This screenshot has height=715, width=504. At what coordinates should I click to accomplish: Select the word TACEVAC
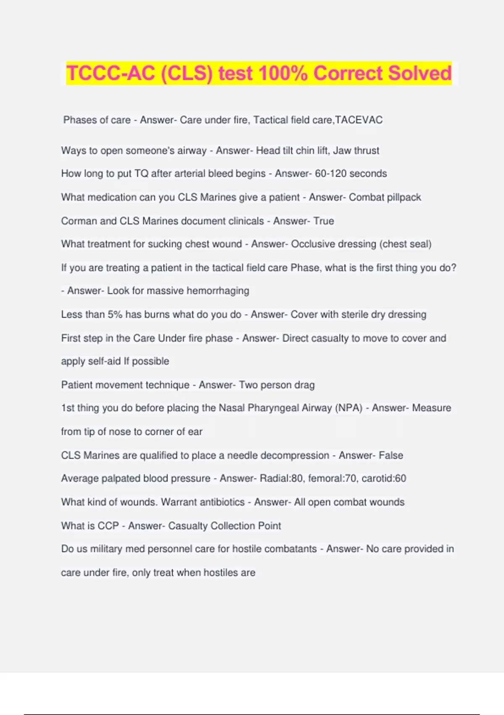coord(359,120)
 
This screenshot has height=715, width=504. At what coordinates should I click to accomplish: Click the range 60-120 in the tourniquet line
coord(331,173)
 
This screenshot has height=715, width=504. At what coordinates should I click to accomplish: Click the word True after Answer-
coord(323,221)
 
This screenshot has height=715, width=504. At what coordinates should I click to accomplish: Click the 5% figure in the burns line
coord(115,314)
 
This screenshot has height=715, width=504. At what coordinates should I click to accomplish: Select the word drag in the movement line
coord(304,385)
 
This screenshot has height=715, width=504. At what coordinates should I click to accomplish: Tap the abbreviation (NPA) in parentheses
coord(349,408)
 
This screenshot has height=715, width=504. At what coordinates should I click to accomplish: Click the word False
coord(391,455)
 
